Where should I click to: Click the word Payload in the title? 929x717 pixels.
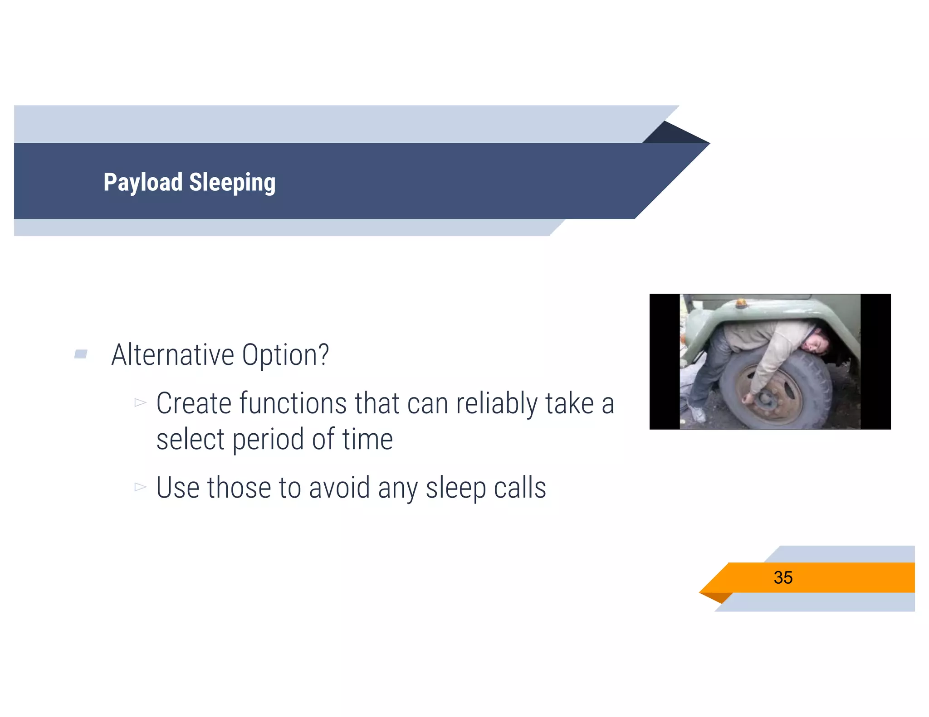point(143,182)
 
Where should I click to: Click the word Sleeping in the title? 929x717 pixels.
point(232,182)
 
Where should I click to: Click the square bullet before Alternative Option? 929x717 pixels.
point(81,354)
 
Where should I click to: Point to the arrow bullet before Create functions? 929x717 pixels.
point(140,402)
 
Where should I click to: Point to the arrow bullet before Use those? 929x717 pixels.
point(140,487)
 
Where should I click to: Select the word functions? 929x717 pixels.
point(293,403)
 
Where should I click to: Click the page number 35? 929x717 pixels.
point(783,577)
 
